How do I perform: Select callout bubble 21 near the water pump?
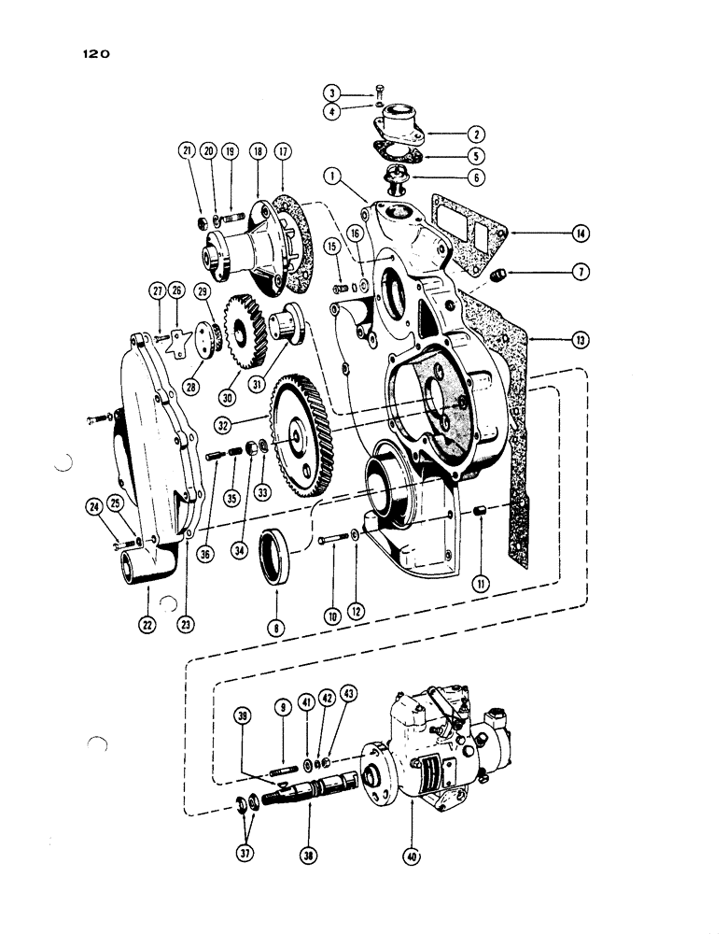pyautogui.click(x=188, y=152)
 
